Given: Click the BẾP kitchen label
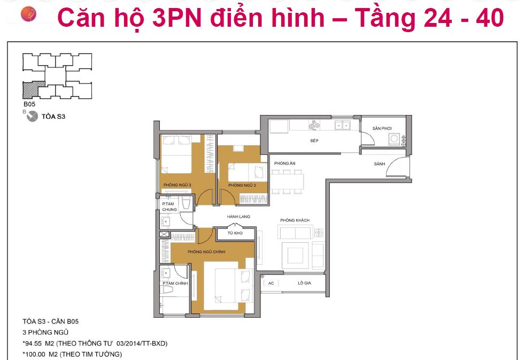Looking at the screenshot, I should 314,141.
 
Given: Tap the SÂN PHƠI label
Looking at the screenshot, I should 382,128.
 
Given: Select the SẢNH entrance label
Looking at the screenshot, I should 380,164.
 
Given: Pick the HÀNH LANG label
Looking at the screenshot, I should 238,216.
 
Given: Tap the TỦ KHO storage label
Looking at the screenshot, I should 235,234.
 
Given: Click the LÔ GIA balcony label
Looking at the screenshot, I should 304,283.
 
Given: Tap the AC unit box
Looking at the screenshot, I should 271,283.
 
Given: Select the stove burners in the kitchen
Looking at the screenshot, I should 314,126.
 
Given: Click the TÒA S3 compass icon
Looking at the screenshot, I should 32,116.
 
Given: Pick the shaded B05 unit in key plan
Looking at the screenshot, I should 33,89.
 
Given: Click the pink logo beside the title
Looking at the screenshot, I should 28,14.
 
